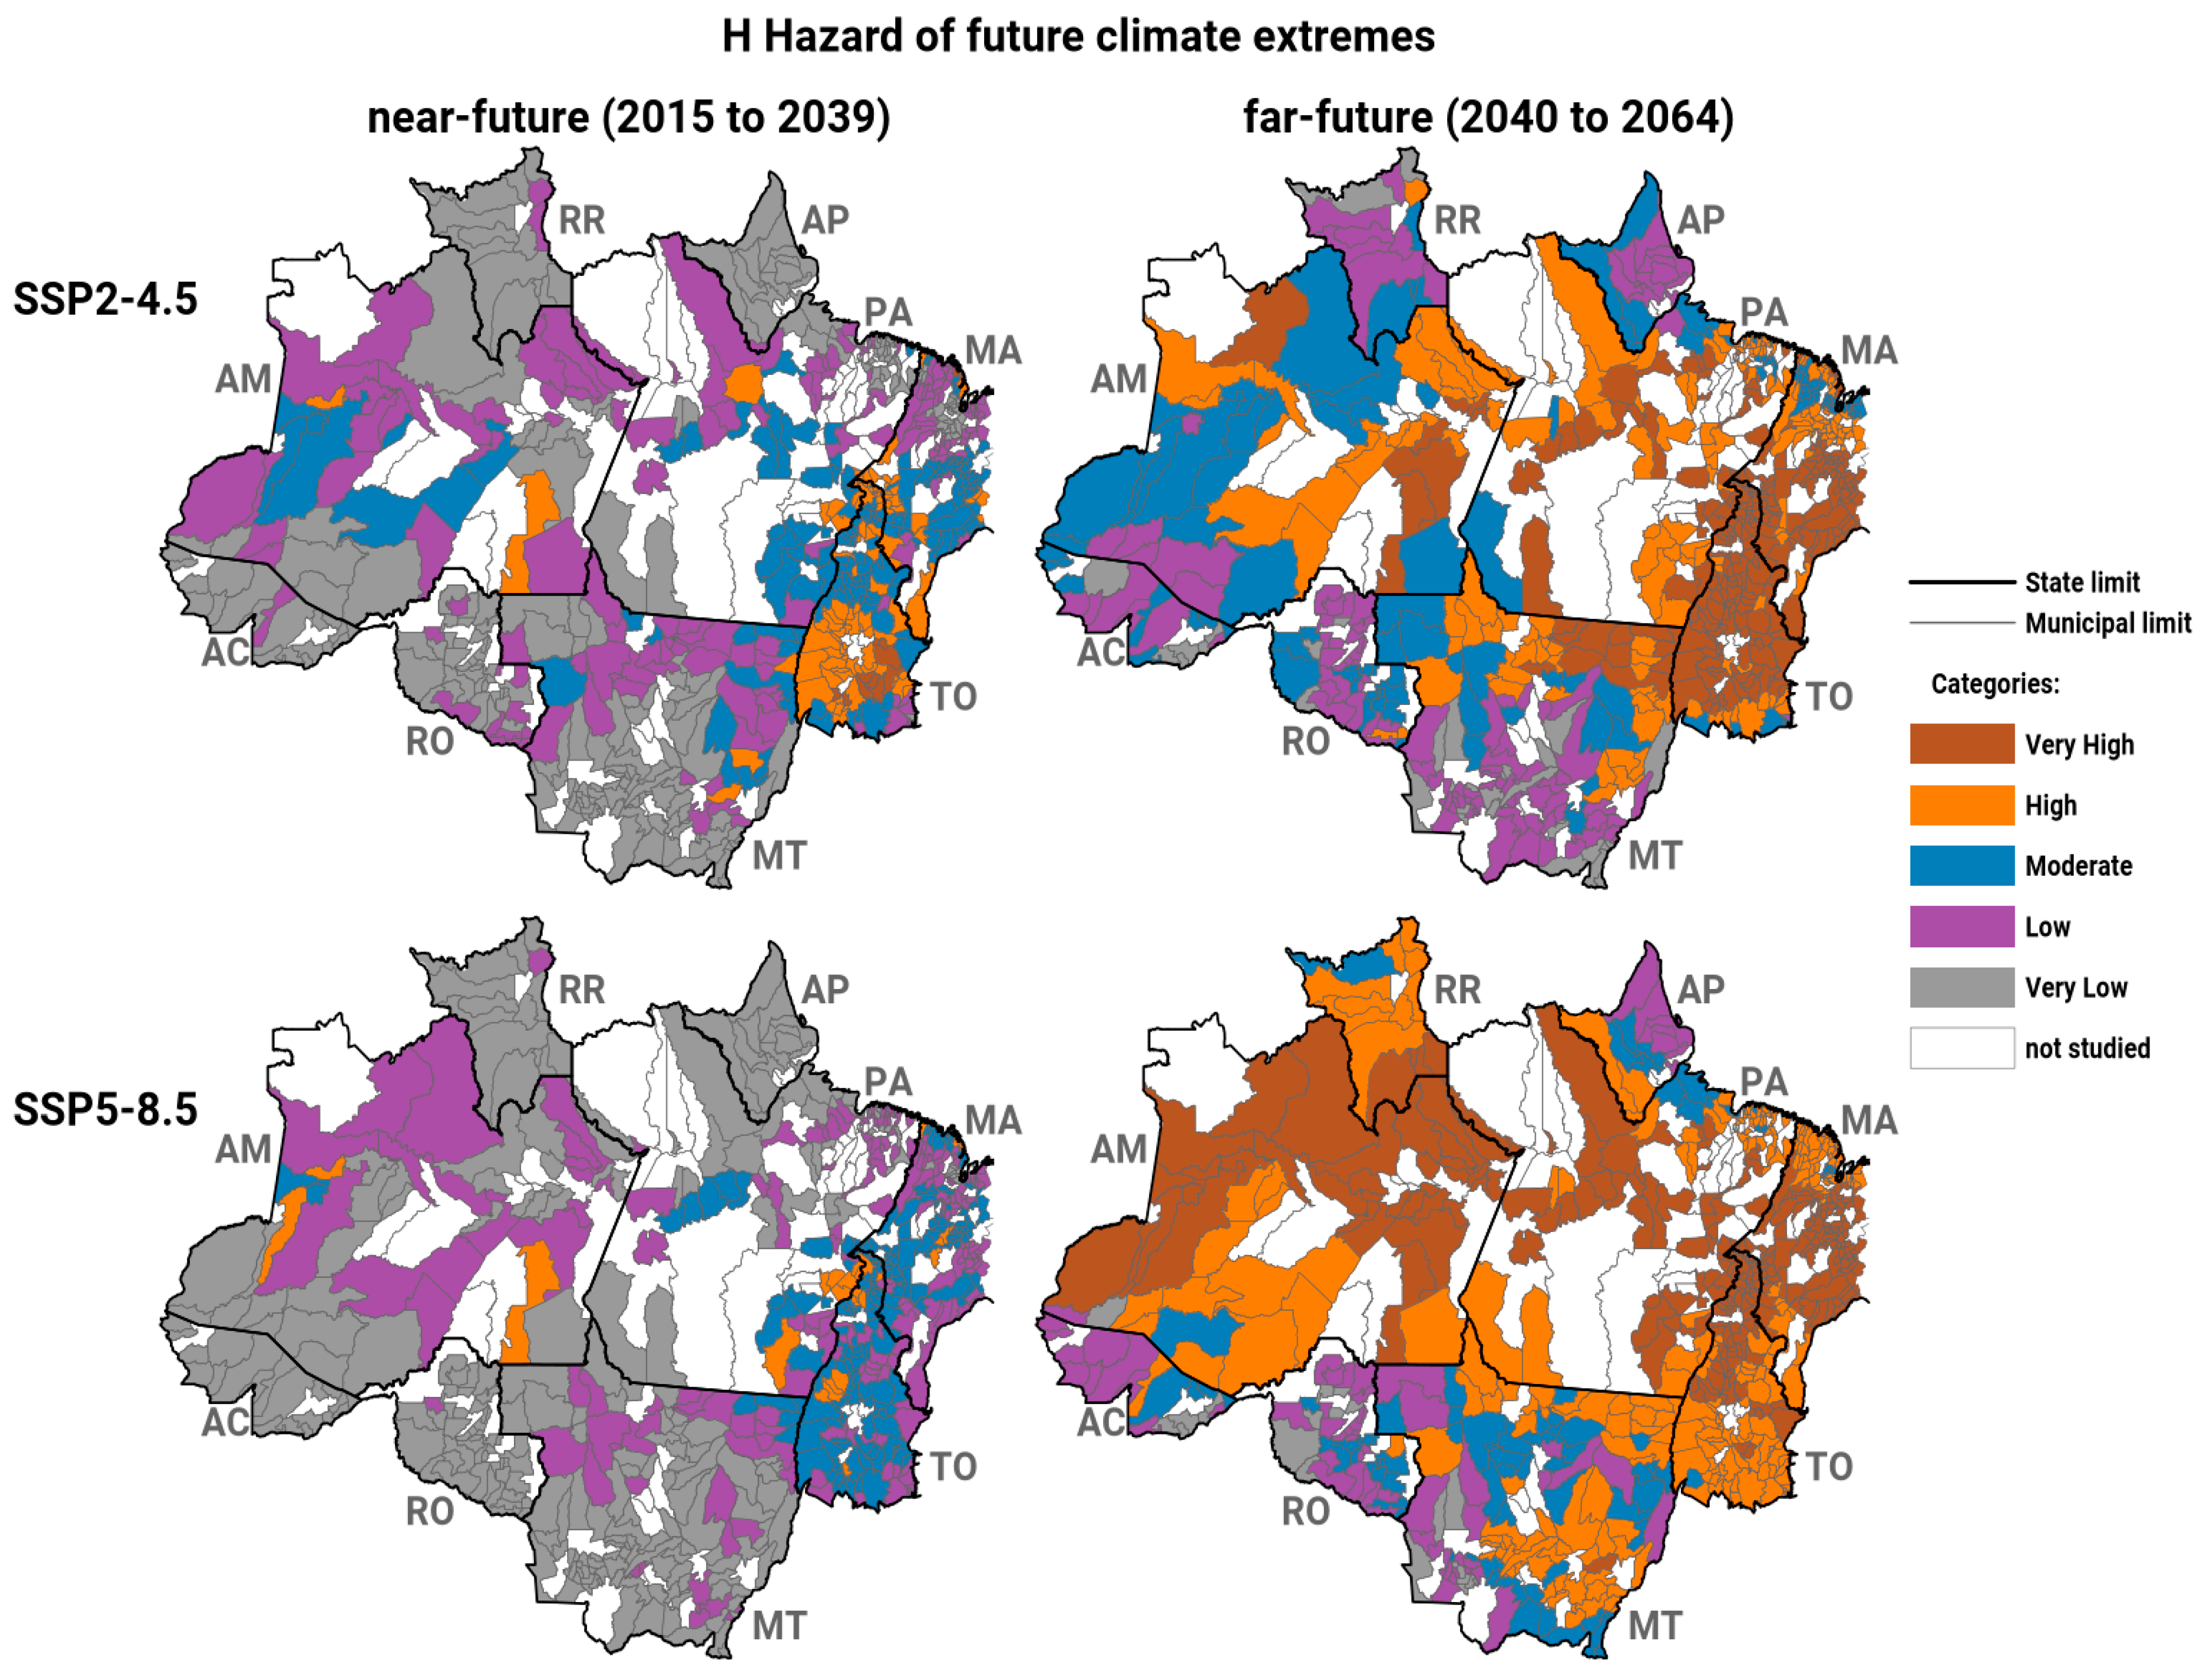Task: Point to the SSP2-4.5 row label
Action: [x=105, y=299]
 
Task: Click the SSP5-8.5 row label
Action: [x=105, y=1109]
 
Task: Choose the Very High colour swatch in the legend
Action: [x=1961, y=744]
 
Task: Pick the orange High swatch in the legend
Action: [x=1961, y=805]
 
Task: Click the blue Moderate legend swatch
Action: [x=1961, y=866]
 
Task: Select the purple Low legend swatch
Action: [x=1961, y=927]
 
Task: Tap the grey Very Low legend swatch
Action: [x=1961, y=987]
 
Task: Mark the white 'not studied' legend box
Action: [x=1961, y=1048]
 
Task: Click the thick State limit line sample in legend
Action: [x=1961, y=582]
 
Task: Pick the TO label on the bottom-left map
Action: [x=954, y=1467]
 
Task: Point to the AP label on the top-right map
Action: [x=1701, y=220]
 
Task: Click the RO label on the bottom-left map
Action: [x=430, y=1512]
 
